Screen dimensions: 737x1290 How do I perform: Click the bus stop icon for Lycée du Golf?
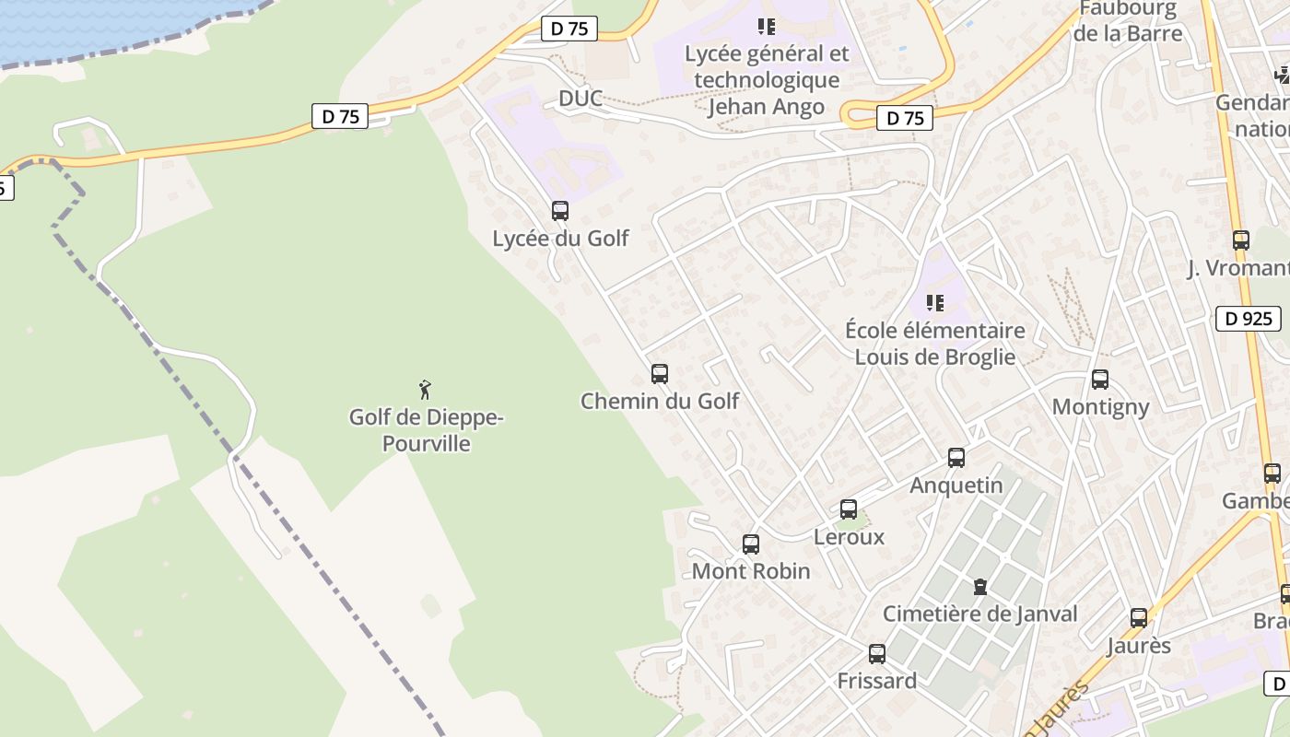pyautogui.click(x=560, y=211)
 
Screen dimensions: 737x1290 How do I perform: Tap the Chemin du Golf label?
pyautogui.click(x=660, y=402)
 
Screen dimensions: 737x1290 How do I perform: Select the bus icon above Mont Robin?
pyautogui.click(x=751, y=544)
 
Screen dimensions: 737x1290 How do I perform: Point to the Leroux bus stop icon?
pyautogui.click(x=849, y=509)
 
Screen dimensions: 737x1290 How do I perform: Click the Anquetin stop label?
pyautogui.click(x=956, y=485)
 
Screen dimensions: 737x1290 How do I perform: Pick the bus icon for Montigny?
pyautogui.click(x=1099, y=380)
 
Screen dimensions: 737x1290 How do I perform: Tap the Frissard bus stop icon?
pyautogui.click(x=877, y=654)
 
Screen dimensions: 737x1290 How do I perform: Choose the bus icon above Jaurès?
pyautogui.click(x=1139, y=618)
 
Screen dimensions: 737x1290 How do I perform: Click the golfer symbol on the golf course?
pyautogui.click(x=425, y=390)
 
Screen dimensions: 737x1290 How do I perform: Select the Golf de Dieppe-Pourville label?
pyautogui.click(x=426, y=431)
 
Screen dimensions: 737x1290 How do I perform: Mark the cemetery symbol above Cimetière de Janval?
pyautogui.click(x=980, y=587)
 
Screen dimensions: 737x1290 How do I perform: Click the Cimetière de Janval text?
pyautogui.click(x=980, y=614)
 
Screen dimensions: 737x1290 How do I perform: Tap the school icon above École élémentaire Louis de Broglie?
pyautogui.click(x=935, y=302)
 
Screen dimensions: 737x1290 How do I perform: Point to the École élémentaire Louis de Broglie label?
pyautogui.click(x=935, y=344)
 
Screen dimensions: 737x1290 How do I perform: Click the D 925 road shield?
pyautogui.click(x=1249, y=319)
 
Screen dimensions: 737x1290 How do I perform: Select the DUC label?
pyautogui.click(x=580, y=99)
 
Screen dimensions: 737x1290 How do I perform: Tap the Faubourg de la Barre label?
pyautogui.click(x=1128, y=21)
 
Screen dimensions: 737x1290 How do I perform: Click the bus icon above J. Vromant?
pyautogui.click(x=1241, y=240)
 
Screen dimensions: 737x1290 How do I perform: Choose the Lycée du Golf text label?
pyautogui.click(x=560, y=239)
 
